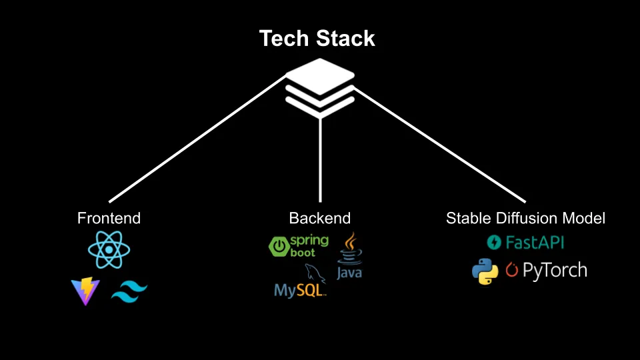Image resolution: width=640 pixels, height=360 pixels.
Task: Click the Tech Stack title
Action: tap(317, 39)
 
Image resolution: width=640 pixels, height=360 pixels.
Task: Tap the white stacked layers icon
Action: tap(319, 87)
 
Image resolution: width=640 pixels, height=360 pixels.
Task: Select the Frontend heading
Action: tap(109, 218)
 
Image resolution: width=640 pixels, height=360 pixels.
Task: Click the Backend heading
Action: tap(319, 218)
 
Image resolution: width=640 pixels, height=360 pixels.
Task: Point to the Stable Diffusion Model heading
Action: tap(525, 218)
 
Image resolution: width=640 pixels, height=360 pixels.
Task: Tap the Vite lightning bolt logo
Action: tap(85, 291)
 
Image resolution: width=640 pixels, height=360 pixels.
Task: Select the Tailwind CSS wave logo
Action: tap(129, 291)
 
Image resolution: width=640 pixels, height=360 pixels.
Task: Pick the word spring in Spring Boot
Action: tap(309, 241)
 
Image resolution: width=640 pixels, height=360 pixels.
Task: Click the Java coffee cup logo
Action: tap(349, 251)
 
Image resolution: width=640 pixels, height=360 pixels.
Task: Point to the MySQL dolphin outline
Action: tap(311, 273)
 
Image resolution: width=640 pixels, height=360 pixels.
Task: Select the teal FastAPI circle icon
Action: tap(495, 242)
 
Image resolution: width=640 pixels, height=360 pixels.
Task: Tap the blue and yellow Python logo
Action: tap(485, 271)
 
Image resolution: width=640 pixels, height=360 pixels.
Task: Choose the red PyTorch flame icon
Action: tap(512, 271)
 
